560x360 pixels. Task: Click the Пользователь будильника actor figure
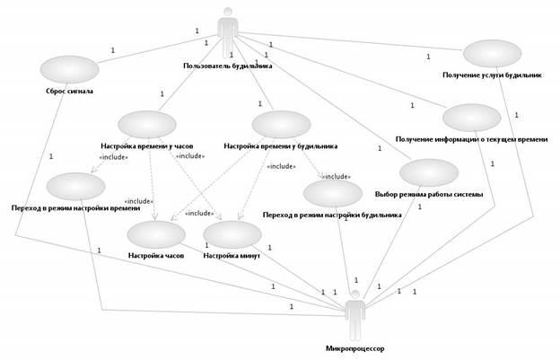point(227,31)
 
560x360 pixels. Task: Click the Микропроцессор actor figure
point(355,313)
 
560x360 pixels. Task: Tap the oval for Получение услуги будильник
point(492,55)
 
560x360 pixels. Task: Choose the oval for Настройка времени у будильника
point(281,126)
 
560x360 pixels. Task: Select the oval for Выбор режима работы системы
point(429,174)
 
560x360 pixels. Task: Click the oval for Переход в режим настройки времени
point(76,187)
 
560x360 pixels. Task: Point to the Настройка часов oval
point(155,235)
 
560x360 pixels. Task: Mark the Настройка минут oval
point(232,234)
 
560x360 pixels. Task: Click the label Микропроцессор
point(355,347)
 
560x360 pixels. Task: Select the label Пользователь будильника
point(228,66)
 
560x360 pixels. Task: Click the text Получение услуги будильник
point(493,75)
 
